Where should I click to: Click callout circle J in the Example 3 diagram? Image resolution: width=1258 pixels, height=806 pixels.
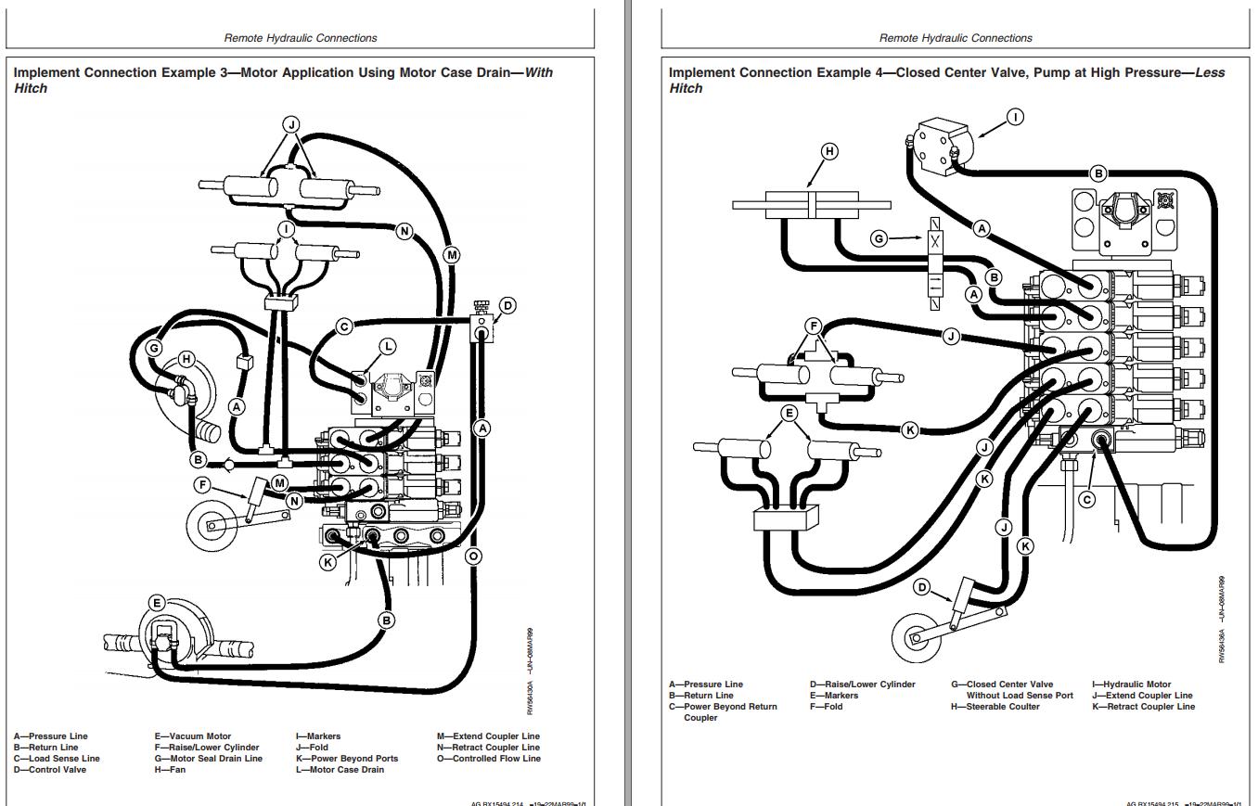290,123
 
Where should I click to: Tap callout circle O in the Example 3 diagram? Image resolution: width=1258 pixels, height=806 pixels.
473,557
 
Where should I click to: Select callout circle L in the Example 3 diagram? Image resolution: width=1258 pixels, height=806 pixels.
388,346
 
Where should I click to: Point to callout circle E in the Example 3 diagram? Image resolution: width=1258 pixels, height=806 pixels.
156,603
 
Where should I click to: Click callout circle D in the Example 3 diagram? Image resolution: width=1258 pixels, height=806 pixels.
507,305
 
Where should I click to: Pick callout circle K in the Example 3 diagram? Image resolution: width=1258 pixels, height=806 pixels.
327,561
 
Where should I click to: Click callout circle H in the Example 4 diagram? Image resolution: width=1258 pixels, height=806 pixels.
829,151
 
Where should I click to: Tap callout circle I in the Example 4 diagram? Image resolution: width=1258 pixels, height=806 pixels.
1016,117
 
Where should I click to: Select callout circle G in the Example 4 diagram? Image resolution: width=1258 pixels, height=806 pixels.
879,238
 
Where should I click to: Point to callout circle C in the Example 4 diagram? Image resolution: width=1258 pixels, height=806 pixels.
1086,499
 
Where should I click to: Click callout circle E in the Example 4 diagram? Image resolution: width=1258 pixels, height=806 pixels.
789,414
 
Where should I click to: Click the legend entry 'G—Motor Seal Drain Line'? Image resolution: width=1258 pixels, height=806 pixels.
209,759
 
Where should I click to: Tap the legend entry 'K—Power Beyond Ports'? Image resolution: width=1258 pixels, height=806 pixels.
347,759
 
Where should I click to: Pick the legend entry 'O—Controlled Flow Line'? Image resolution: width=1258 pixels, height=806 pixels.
489,759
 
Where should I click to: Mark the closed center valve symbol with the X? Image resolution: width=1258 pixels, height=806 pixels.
935,239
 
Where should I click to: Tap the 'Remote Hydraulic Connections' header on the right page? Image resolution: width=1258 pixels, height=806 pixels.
956,38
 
